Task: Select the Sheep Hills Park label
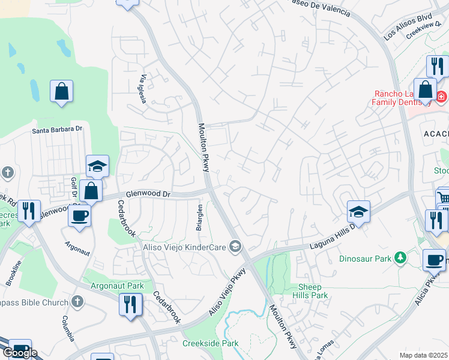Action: (310, 292)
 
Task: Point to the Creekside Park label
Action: (210, 344)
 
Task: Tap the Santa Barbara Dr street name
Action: (57, 129)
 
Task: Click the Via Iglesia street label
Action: (143, 89)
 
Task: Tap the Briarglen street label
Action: (200, 218)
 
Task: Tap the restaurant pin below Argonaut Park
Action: (131, 305)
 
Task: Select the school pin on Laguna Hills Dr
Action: (358, 212)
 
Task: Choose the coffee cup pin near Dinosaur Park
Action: (434, 260)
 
